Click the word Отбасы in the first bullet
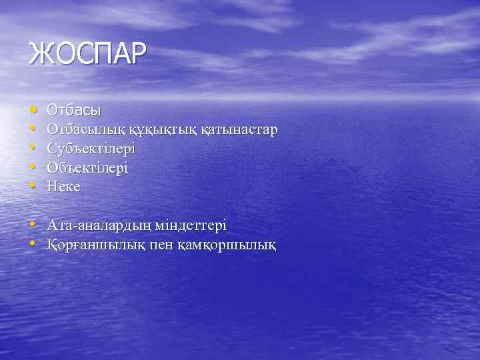74,109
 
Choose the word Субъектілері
91,148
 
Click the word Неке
64,187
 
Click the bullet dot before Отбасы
33,108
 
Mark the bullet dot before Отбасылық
33,128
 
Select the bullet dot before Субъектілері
33,147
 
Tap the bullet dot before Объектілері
33,167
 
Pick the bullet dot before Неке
33,186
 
